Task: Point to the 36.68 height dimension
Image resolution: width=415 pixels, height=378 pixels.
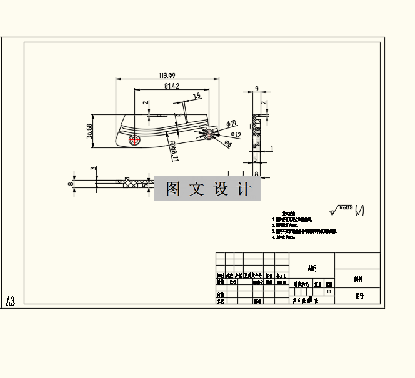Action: [89, 131]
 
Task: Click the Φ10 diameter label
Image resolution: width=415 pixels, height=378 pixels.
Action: [231, 123]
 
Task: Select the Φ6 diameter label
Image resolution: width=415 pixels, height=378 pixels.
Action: [228, 144]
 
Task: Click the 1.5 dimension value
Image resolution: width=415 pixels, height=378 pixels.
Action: [196, 96]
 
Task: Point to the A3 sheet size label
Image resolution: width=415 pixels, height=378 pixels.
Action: [11, 301]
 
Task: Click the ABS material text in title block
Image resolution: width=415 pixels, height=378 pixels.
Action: [312, 269]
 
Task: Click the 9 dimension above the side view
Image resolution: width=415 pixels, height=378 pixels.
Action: [257, 89]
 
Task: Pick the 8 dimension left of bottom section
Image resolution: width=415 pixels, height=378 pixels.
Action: [71, 184]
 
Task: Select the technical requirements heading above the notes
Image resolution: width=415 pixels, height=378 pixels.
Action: [289, 213]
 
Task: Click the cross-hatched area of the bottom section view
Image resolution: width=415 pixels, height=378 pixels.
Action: [131, 182]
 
